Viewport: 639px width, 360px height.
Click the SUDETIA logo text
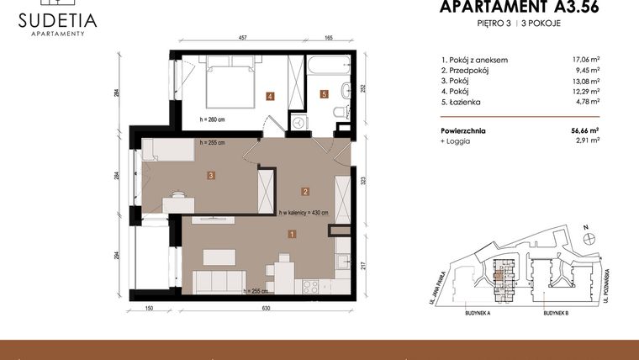[57, 20]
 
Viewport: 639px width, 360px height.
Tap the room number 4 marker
[270, 96]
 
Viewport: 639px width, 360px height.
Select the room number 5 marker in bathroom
[325, 95]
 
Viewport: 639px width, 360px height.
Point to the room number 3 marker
[211, 176]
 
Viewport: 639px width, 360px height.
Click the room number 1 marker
[291, 235]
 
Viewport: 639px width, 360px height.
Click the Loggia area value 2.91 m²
[586, 142]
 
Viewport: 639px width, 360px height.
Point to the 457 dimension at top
[242, 38]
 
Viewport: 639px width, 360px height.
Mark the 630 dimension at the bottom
[266, 309]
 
